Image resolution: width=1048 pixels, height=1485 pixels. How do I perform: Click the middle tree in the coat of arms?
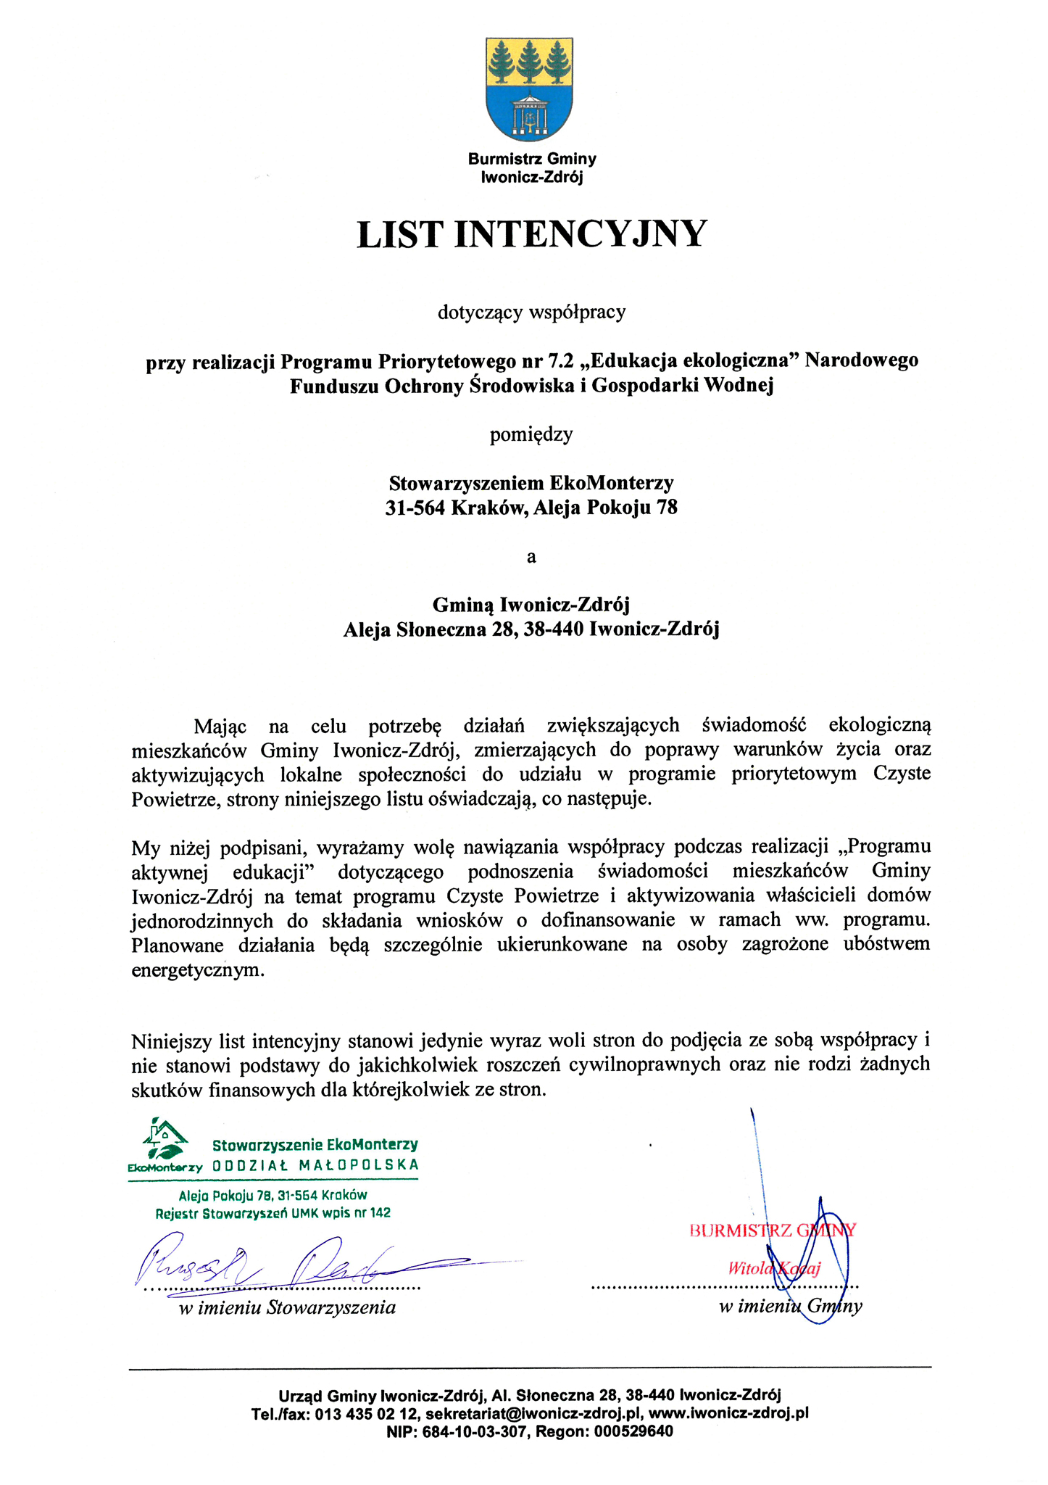click(x=529, y=62)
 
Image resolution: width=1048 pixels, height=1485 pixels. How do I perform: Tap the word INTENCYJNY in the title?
click(x=580, y=234)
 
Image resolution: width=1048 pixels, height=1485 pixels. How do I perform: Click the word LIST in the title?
click(x=399, y=234)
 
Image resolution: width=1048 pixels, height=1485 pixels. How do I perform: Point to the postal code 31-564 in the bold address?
click(x=415, y=508)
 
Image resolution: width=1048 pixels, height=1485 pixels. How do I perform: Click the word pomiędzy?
click(x=531, y=434)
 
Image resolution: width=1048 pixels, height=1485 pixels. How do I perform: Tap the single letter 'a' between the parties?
click(x=531, y=557)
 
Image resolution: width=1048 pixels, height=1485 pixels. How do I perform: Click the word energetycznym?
click(x=197, y=969)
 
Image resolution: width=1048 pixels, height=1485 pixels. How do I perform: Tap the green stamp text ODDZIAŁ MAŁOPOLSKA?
click(x=316, y=1165)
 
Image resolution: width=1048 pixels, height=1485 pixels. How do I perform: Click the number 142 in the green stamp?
click(x=380, y=1212)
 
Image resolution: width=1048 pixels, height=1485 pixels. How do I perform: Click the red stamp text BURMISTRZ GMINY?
click(x=773, y=1230)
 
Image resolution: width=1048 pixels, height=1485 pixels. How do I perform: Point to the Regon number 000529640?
click(x=633, y=1431)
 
